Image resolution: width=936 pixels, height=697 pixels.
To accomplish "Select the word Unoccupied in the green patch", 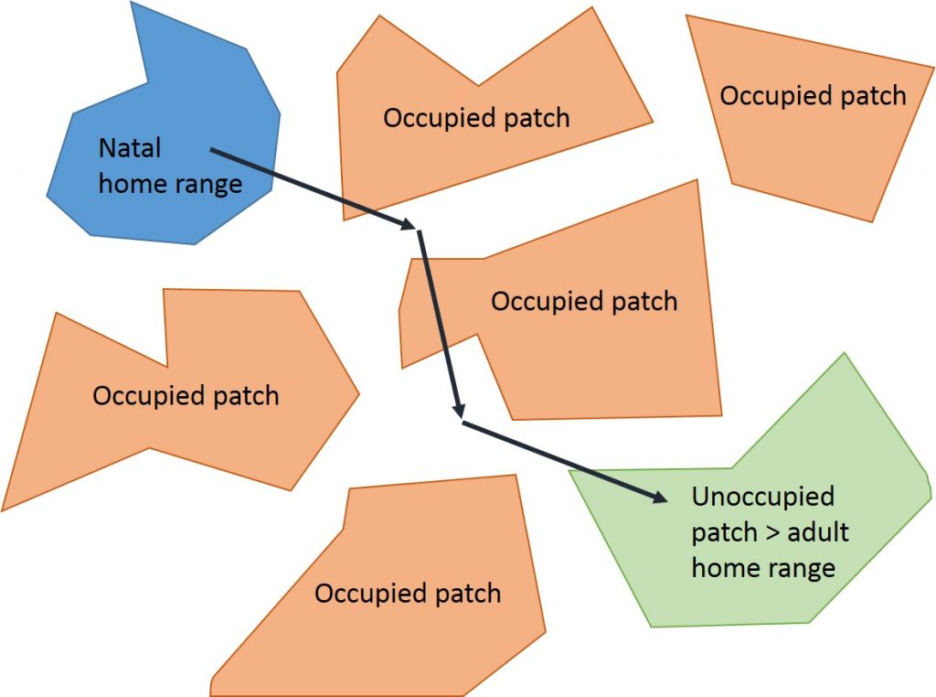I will click(x=763, y=497).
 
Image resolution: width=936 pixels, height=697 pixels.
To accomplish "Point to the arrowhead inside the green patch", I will click(x=660, y=498).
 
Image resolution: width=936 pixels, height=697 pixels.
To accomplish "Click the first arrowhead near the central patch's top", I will click(x=409, y=224).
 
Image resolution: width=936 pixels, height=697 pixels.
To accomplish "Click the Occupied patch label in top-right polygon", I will click(x=813, y=95).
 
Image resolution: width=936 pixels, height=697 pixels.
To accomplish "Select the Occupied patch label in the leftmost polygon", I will click(x=186, y=395).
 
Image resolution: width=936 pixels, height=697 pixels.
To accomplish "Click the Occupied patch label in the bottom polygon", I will click(x=408, y=593).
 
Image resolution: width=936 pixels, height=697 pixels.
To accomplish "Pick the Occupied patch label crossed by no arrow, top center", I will click(x=476, y=118).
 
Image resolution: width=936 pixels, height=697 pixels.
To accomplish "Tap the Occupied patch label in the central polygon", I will click(x=584, y=301).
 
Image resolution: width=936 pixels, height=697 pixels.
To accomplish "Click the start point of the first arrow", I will click(x=211, y=149).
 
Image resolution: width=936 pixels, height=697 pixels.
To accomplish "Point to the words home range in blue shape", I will click(x=170, y=183).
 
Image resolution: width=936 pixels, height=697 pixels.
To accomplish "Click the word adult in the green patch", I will click(x=818, y=532).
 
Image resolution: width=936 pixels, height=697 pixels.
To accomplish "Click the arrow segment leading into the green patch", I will click(x=558, y=459).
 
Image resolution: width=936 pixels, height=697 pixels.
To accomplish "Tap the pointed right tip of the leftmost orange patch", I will click(x=358, y=395).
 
